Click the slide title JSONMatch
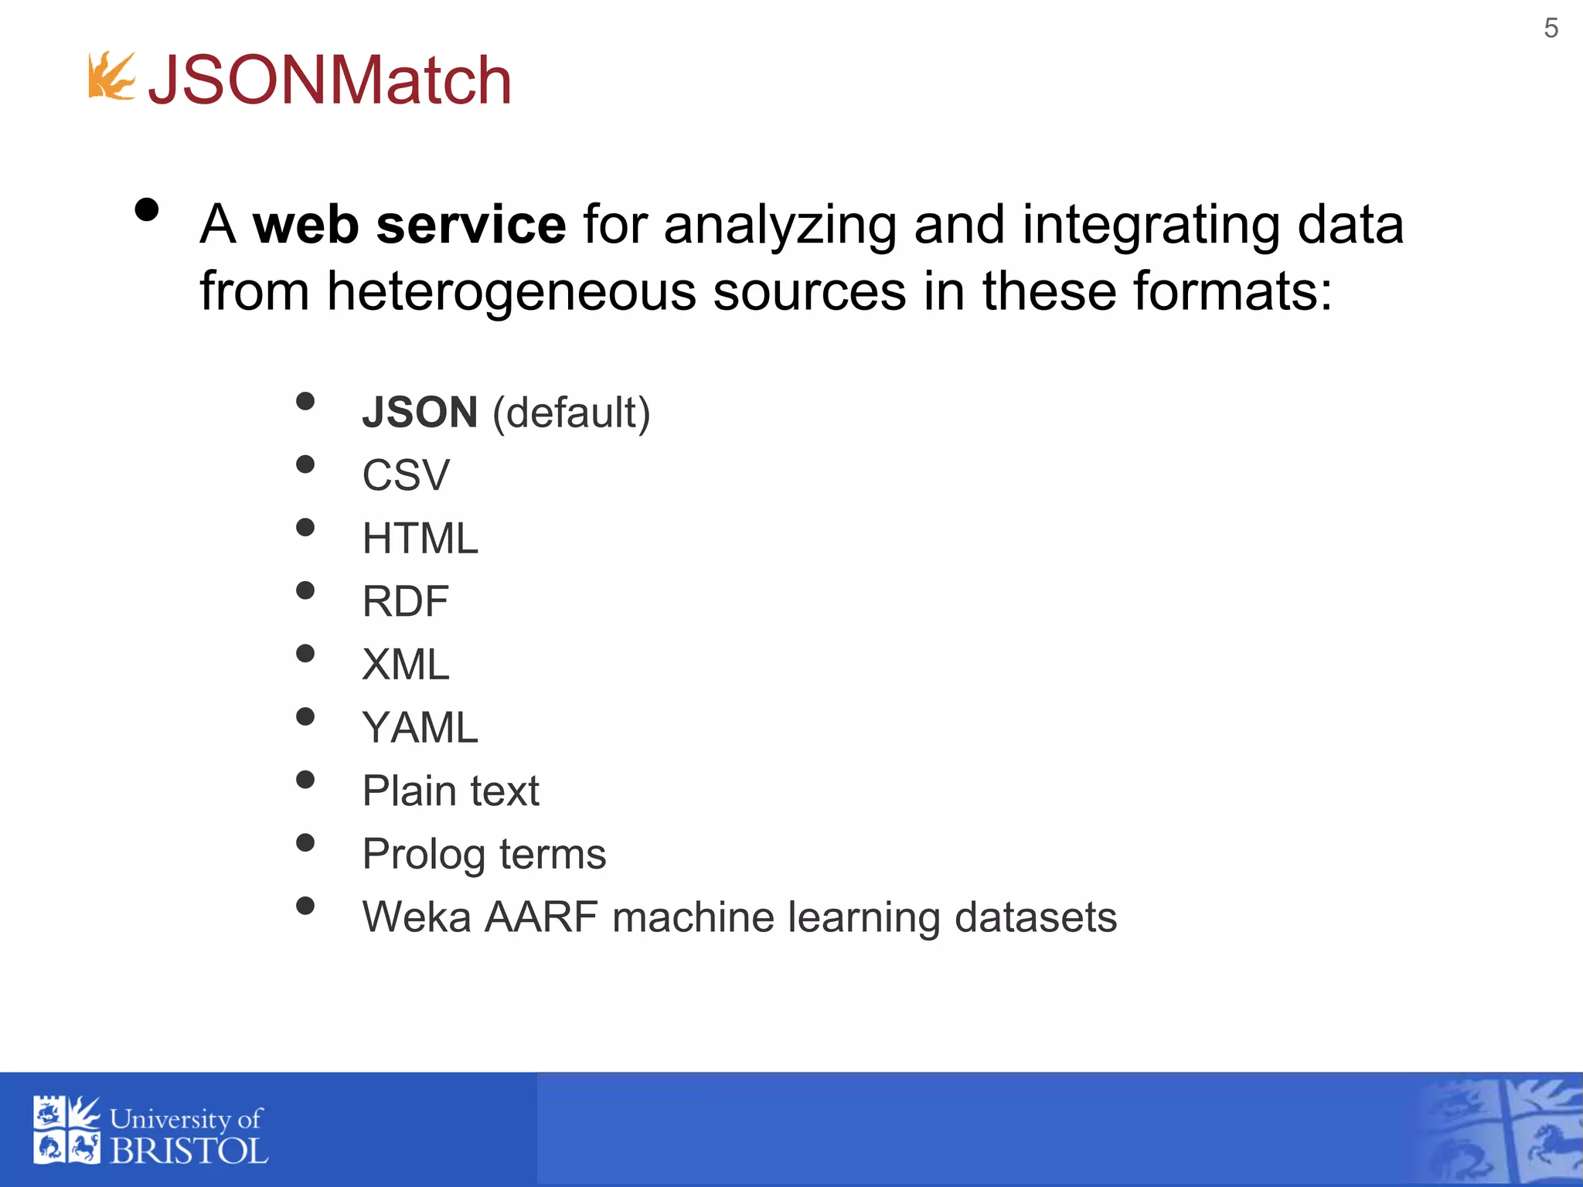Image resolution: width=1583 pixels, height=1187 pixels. click(330, 80)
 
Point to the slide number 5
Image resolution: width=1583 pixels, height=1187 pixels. click(1551, 29)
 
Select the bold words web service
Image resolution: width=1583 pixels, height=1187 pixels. click(410, 225)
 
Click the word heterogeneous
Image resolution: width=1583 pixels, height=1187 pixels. click(511, 292)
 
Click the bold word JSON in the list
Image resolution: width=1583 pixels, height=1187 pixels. click(420, 412)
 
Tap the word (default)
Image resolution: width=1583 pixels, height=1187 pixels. click(571, 413)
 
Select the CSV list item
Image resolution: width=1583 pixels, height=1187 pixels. click(405, 475)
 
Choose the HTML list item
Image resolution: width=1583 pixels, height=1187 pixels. click(420, 539)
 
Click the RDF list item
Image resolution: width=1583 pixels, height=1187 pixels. click(405, 601)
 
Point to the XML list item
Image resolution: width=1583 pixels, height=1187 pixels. click(405, 665)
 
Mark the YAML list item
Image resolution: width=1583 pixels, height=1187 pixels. click(420, 728)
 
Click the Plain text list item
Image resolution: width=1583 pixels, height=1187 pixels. click(451, 791)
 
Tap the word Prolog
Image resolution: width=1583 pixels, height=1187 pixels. click(424, 855)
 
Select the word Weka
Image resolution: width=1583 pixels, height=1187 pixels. click(417, 917)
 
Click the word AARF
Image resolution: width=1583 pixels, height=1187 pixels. click(541, 917)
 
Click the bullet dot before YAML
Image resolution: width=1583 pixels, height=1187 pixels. click(305, 717)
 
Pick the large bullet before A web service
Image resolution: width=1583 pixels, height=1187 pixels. click(146, 210)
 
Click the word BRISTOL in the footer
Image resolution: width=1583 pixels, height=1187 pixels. click(189, 1151)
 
